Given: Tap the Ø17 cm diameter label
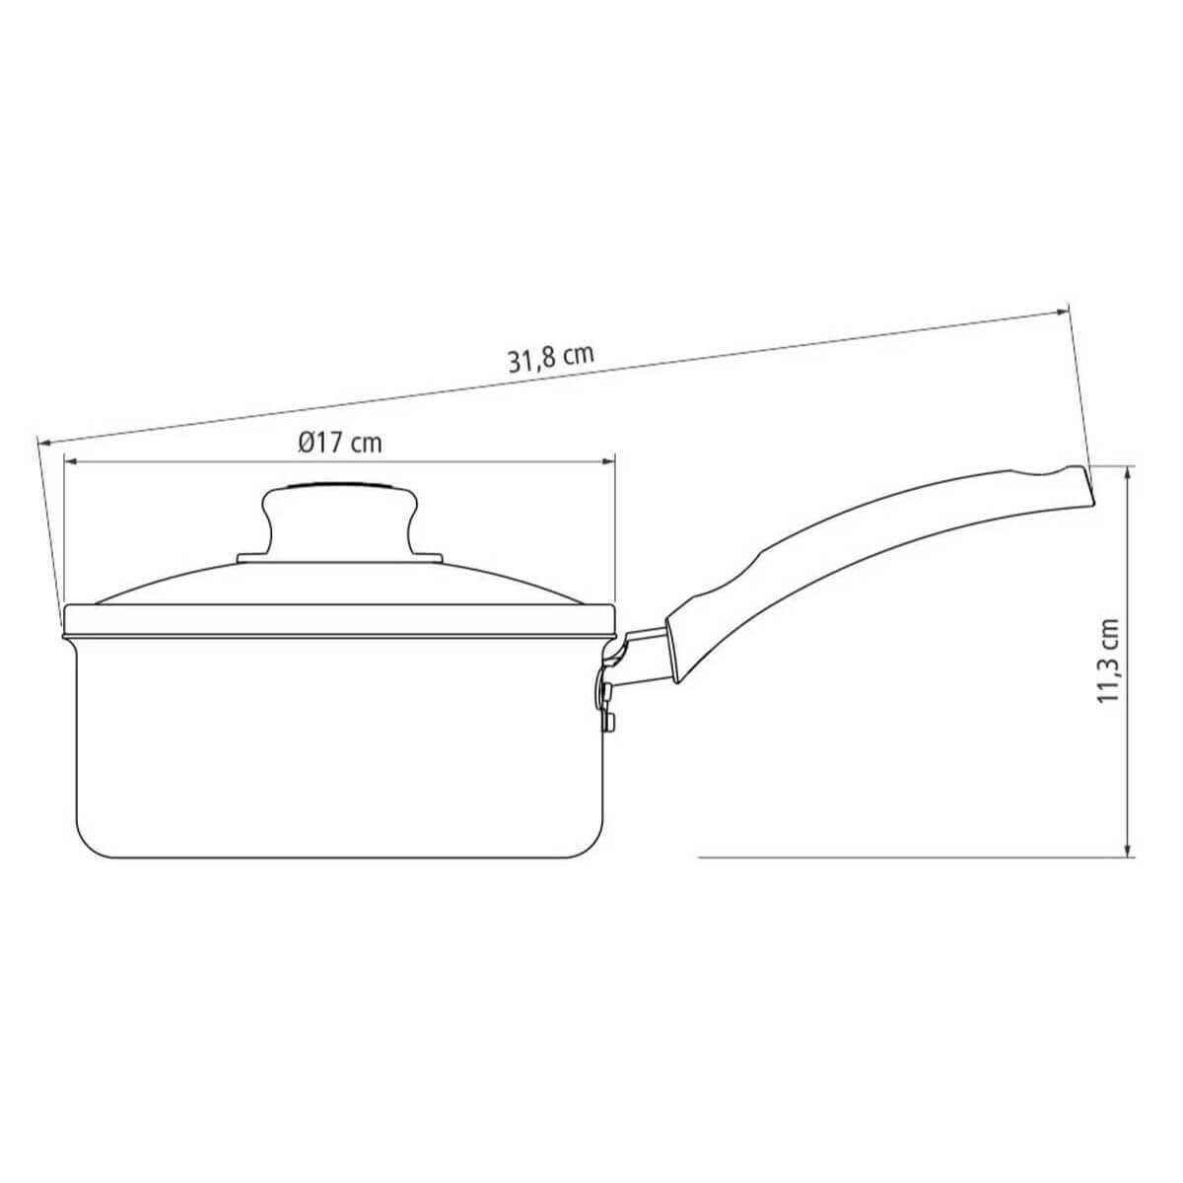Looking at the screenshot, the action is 339,443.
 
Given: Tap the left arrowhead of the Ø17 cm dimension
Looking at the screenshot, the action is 71,460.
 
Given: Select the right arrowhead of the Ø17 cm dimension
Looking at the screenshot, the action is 608,460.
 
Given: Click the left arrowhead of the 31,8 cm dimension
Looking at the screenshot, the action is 44,441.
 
